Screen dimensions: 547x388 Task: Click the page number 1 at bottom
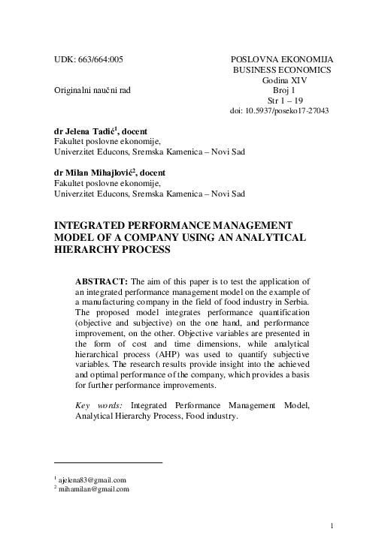(x=332, y=526)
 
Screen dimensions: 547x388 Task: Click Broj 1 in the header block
(x=284, y=90)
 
